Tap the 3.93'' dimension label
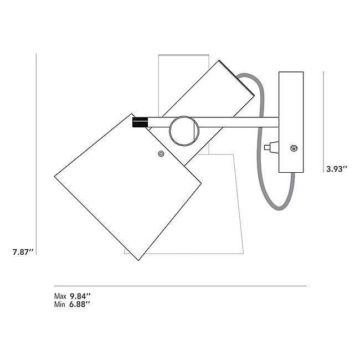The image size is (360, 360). (x=336, y=169)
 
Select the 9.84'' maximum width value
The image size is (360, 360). (x=80, y=296)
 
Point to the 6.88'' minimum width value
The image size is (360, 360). (x=80, y=304)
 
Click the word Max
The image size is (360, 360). (x=60, y=296)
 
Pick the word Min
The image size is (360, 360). (x=59, y=304)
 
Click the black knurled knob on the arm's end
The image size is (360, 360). (x=140, y=122)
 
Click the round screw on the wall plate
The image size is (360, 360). (x=294, y=148)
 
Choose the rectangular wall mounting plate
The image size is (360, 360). (x=291, y=122)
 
